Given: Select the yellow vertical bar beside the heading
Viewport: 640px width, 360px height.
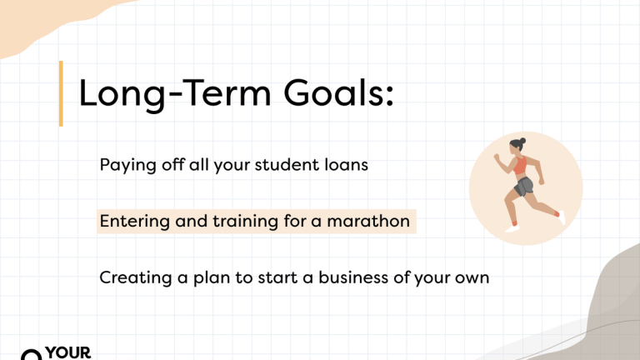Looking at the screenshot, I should (61, 93).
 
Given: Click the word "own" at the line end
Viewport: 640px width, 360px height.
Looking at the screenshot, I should (471, 277).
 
